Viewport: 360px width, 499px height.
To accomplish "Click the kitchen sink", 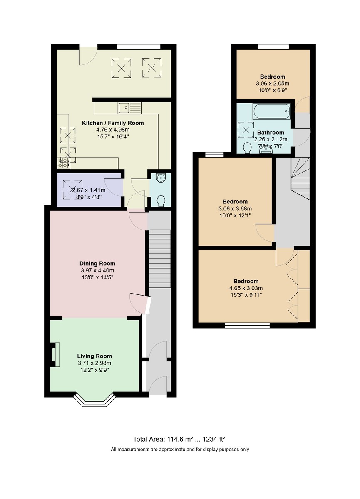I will click(129, 108).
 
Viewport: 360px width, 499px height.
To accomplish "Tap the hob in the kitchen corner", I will click(63, 163).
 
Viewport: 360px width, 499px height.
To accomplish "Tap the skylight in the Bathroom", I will click(246, 130).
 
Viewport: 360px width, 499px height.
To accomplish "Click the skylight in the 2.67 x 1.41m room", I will click(70, 189).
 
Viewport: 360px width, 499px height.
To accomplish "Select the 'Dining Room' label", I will click(97, 263).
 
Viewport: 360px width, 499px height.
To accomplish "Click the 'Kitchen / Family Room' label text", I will click(113, 123).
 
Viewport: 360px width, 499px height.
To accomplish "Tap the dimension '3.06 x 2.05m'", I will click(273, 83).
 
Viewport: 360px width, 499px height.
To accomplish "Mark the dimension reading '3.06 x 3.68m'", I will click(235, 208).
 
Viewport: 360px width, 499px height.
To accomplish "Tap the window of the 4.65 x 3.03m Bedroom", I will click(247, 325).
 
